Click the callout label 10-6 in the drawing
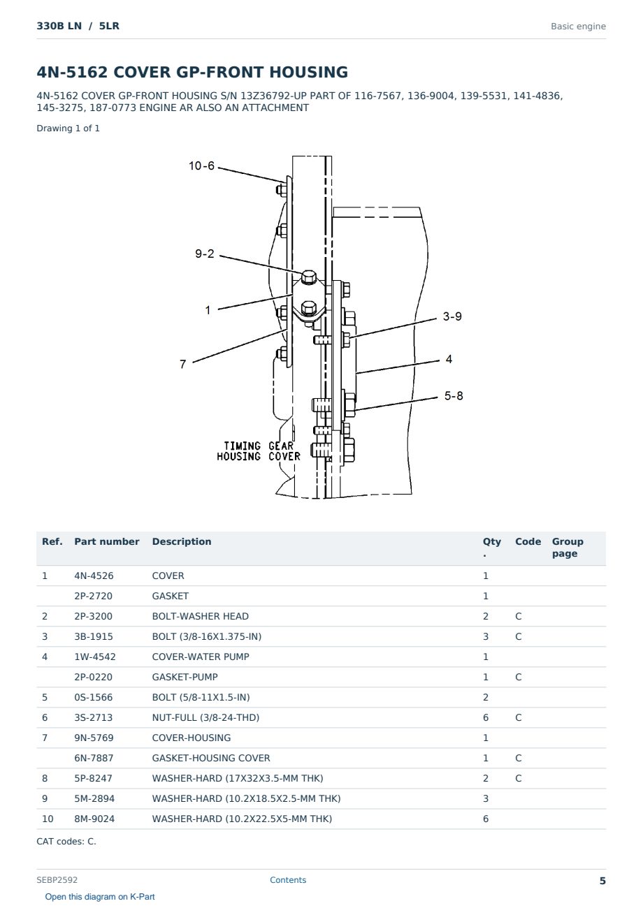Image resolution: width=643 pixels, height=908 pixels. point(201,166)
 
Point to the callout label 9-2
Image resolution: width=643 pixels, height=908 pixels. point(205,254)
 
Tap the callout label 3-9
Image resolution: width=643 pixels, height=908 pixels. point(452,316)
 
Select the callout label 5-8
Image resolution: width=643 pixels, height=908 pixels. point(454,395)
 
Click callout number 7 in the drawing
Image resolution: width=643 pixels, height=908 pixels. point(183,364)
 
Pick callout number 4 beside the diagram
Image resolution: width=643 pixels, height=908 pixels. point(449,359)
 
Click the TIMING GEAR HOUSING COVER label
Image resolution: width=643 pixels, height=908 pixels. point(259,451)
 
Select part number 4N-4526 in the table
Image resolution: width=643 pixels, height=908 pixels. point(94,576)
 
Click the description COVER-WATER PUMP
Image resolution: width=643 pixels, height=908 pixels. point(201,657)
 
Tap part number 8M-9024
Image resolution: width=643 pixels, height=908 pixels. point(94,819)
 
